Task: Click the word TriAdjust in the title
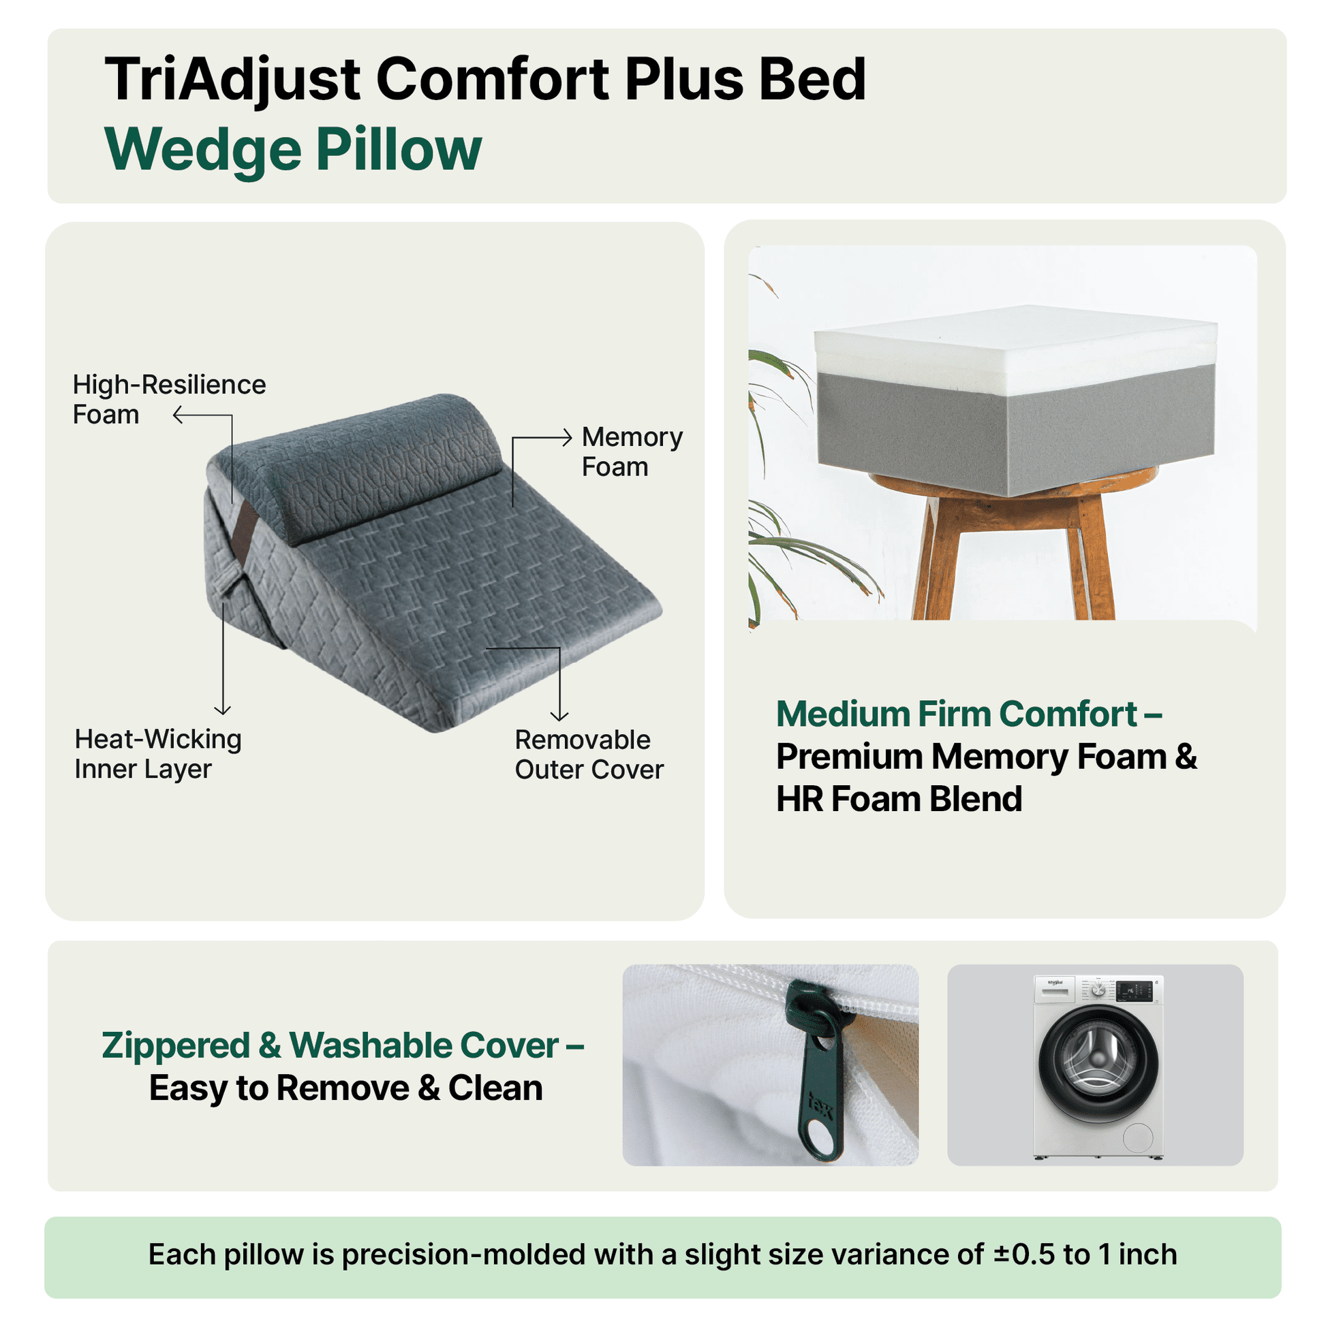point(232,80)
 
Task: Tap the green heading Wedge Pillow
point(293,150)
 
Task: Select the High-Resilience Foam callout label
point(169,400)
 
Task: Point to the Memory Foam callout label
point(632,452)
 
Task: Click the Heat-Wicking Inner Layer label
point(158,754)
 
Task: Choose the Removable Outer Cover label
point(589,755)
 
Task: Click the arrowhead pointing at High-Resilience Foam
point(177,415)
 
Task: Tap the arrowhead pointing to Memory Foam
point(567,437)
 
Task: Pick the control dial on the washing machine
point(1098,990)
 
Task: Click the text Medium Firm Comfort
point(957,714)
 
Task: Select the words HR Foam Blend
point(899,799)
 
